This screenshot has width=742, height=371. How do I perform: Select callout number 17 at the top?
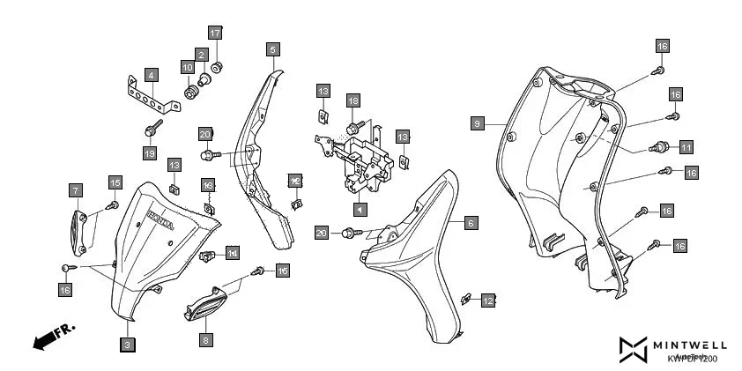pyautogui.click(x=215, y=33)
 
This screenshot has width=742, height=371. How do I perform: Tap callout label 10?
pyautogui.click(x=188, y=67)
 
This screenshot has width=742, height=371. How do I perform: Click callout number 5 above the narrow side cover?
pyautogui.click(x=273, y=49)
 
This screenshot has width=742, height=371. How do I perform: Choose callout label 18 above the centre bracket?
pyautogui.click(x=352, y=100)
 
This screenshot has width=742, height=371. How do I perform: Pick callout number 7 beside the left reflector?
pyautogui.click(x=76, y=190)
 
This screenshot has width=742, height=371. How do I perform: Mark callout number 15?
pyautogui.click(x=115, y=182)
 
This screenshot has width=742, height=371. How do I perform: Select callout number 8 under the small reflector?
pyautogui.click(x=204, y=339)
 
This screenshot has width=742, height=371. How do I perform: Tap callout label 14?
pyautogui.click(x=233, y=254)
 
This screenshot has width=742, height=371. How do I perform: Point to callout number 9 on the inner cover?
pyautogui.click(x=477, y=123)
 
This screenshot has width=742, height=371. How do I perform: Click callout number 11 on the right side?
pyautogui.click(x=686, y=146)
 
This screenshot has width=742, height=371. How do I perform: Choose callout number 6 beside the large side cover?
pyautogui.click(x=471, y=225)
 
